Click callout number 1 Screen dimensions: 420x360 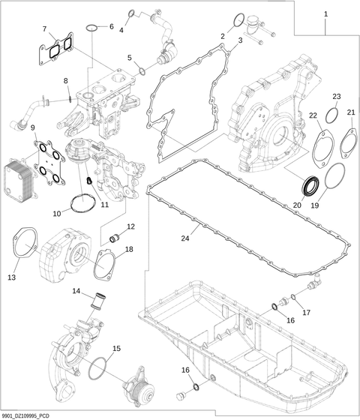tap(325, 14)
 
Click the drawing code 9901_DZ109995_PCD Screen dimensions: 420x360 tap(27, 413)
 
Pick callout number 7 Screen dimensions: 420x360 tap(46, 29)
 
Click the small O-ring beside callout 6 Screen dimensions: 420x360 tap(91, 28)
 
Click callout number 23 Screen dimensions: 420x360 tap(337, 97)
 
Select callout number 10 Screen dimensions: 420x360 tap(57, 214)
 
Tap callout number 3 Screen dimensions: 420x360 tap(239, 40)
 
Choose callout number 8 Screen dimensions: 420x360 tap(65, 81)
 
